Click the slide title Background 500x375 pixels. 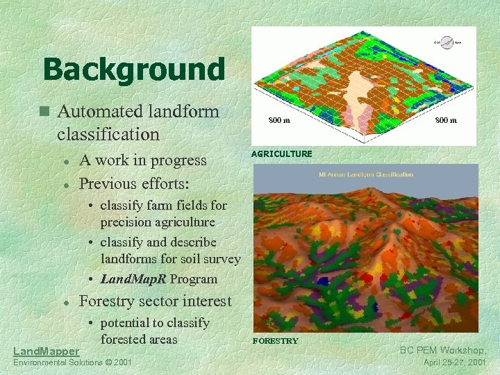(x=133, y=69)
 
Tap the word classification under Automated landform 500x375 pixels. (x=108, y=133)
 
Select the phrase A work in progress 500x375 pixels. (x=143, y=160)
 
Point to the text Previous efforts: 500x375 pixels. (x=133, y=183)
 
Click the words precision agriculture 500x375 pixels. (x=157, y=222)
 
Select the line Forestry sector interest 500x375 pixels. (x=156, y=301)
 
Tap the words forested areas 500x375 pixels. (x=139, y=339)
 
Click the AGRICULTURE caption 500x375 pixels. (x=281, y=153)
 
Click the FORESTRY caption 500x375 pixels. (x=275, y=341)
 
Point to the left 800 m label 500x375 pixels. (x=279, y=120)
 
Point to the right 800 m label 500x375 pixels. (x=445, y=120)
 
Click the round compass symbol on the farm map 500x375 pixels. (x=447, y=42)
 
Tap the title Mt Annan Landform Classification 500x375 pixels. (x=365, y=174)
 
